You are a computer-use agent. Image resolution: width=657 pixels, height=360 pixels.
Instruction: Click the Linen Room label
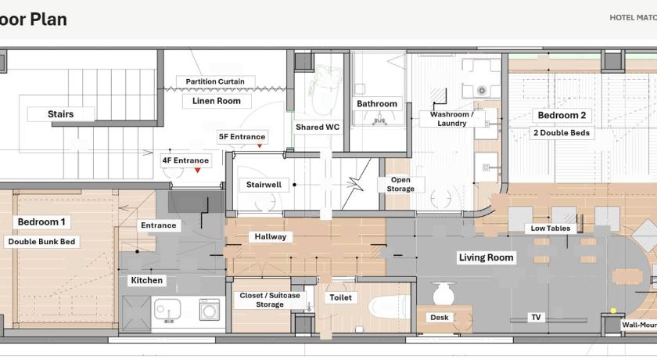[216, 101]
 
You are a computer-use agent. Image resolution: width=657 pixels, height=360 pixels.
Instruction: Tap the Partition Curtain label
[215, 81]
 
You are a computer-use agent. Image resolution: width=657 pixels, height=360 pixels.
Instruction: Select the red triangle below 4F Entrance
[197, 170]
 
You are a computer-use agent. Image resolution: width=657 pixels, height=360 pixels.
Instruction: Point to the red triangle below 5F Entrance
[260, 146]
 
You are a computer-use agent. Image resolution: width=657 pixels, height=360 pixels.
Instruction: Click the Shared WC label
[318, 127]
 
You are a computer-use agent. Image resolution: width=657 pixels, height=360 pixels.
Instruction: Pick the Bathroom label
[377, 103]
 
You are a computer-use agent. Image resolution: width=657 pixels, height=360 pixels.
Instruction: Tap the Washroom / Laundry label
[452, 119]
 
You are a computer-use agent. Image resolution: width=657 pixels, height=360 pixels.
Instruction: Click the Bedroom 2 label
[562, 115]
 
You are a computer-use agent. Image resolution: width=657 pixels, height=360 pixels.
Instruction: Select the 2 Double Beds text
[562, 133]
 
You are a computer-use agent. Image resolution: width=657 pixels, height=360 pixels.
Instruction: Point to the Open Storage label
[400, 184]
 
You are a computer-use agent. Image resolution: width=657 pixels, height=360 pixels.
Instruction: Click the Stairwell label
[264, 185]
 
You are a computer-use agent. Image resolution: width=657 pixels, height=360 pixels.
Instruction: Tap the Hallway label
[271, 237]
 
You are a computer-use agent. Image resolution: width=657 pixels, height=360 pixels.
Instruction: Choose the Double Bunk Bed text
[41, 241]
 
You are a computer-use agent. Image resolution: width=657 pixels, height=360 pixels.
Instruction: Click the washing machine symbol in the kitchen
[210, 309]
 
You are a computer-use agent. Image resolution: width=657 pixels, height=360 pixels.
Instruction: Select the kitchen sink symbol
[167, 310]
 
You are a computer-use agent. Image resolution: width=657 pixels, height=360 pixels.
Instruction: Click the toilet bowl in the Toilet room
[390, 306]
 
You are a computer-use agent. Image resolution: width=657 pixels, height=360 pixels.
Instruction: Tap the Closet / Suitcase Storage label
[269, 300]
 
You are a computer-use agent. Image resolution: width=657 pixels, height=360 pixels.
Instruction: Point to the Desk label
[439, 317]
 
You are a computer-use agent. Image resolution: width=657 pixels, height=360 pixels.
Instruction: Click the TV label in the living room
[536, 317]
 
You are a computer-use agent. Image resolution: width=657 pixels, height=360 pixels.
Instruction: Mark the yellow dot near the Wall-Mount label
[613, 311]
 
